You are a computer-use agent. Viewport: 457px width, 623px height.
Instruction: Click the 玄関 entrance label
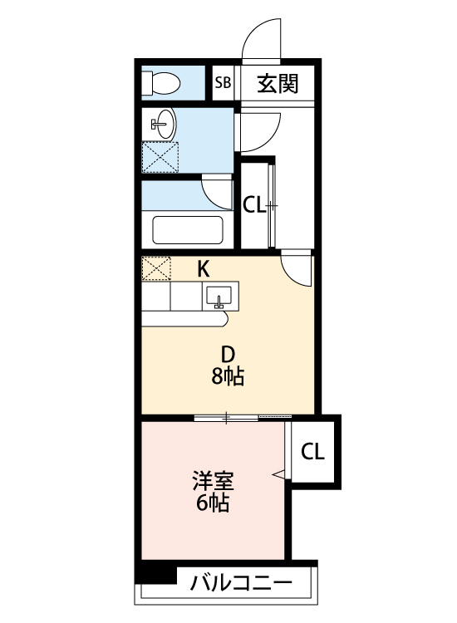pos(278,83)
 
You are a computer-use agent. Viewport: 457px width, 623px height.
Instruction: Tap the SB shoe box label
pos(223,83)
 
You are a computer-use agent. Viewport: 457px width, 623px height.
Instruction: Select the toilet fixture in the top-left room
pos(161,83)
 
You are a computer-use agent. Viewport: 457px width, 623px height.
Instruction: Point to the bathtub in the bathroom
pos(188,229)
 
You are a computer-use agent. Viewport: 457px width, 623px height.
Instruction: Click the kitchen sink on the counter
pos(219,297)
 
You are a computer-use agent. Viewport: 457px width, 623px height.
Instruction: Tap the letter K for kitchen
pos(203,269)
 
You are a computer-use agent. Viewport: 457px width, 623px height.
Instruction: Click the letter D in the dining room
pos(228,355)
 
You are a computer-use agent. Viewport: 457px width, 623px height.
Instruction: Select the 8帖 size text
pos(228,376)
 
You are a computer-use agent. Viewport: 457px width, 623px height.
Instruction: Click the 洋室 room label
pos(213,481)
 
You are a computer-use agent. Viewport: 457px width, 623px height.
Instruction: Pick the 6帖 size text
pos(213,503)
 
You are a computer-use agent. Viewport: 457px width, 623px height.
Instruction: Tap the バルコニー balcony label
pos(241,583)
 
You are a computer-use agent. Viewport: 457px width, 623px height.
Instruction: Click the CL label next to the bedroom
pos(312,452)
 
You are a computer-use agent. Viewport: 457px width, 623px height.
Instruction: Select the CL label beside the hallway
pos(254,205)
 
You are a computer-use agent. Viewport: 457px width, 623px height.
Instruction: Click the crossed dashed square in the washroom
pos(160,157)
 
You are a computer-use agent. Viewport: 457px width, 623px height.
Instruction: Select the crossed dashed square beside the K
pos(156,268)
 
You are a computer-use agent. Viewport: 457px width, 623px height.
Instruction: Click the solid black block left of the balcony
pos(155,575)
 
